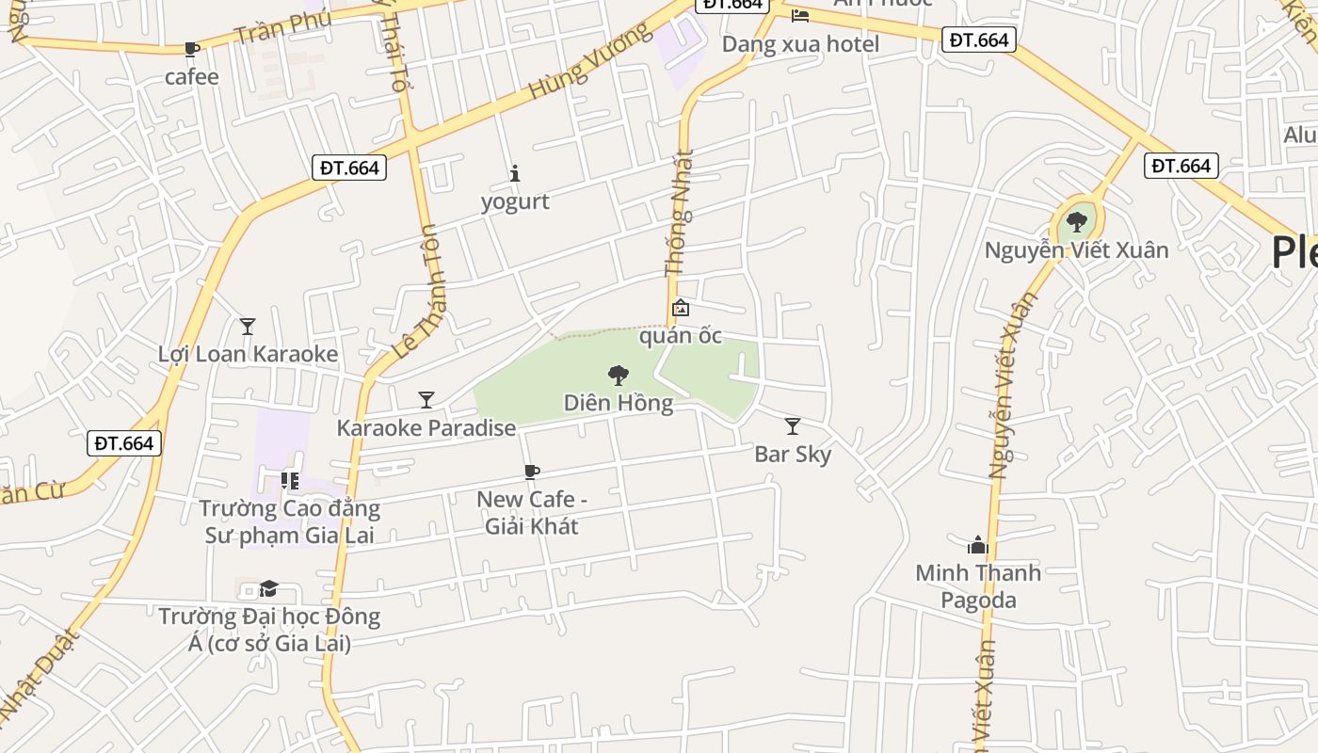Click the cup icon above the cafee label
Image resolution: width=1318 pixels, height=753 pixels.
click(192, 49)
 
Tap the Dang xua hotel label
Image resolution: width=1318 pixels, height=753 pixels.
click(800, 44)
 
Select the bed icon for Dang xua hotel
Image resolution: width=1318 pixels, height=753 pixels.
click(799, 15)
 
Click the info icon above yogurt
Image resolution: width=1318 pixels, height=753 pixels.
click(515, 173)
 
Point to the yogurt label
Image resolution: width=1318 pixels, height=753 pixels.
click(515, 201)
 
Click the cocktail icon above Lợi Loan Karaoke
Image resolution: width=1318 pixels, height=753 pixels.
click(248, 327)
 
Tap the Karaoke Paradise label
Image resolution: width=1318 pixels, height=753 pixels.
click(426, 428)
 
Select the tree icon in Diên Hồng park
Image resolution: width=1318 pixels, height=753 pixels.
click(619, 376)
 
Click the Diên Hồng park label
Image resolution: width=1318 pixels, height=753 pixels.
click(619, 404)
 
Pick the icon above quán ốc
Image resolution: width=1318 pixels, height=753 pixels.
click(680, 308)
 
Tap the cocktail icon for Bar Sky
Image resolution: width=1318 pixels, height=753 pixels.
click(793, 426)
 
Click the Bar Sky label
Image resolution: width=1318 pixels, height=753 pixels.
click(793, 455)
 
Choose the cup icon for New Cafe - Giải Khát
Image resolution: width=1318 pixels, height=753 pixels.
click(532, 472)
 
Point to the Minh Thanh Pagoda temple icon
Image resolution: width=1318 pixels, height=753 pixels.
click(978, 545)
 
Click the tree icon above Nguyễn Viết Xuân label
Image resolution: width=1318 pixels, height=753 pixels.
click(1077, 222)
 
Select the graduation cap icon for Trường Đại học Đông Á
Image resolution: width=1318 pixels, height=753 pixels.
click(268, 588)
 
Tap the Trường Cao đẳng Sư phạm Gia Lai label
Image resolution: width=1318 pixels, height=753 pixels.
click(290, 522)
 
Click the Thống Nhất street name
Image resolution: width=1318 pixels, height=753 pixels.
click(680, 214)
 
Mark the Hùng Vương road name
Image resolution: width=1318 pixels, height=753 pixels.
click(590, 61)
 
